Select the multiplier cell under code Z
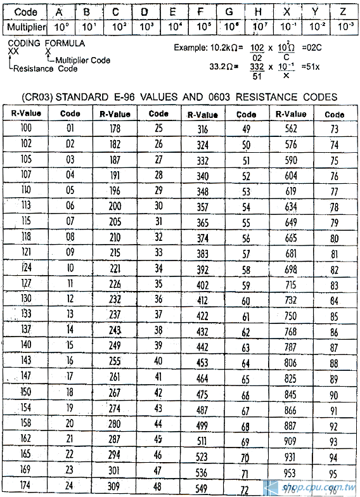pyautogui.click(x=343, y=27)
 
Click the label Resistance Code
pyautogui.click(x=44, y=68)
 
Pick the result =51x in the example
pyautogui.click(x=314, y=72)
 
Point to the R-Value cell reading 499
pyautogui.click(x=202, y=425)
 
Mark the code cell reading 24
pyautogui.click(x=70, y=486)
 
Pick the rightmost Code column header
pyautogui.click(x=334, y=114)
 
